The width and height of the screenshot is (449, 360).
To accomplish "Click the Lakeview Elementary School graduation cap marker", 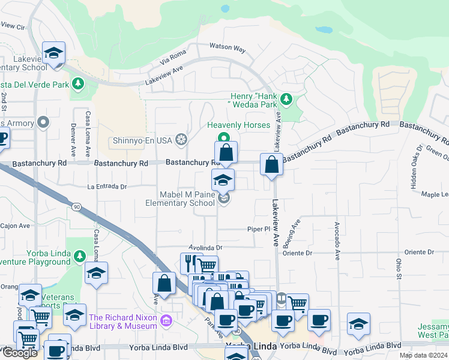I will click(54, 53).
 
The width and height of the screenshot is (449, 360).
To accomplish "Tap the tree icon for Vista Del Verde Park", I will click(77, 83).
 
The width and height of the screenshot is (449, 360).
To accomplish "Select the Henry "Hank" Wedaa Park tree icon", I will click(286, 98).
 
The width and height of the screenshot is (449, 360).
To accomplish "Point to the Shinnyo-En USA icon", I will click(181, 140).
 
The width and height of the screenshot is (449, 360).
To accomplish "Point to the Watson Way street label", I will click(228, 47).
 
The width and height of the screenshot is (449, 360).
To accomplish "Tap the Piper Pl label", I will click(259, 229).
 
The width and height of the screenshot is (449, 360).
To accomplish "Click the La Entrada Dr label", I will click(107, 187).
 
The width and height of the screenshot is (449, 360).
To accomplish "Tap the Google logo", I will click(19, 353).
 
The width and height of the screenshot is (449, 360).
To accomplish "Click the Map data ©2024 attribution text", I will click(423, 355).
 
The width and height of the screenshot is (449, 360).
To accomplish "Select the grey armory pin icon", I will click(43, 123).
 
